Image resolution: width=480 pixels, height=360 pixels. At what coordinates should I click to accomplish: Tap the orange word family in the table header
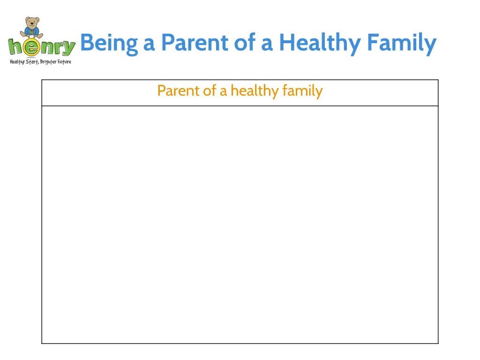point(302,90)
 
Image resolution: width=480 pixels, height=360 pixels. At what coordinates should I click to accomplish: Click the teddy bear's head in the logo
point(32,22)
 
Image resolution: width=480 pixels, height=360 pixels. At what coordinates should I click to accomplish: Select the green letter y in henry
point(68,49)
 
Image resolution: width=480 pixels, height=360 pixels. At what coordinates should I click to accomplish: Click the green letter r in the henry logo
point(58,48)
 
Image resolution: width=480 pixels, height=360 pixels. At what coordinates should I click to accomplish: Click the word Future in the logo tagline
point(65,62)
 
